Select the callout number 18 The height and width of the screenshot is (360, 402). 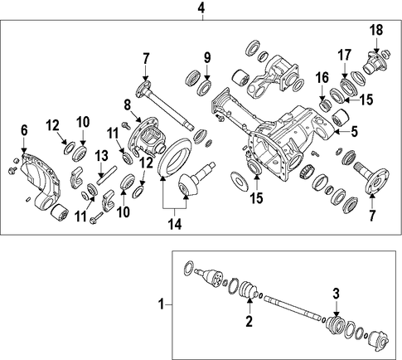pyautogui.click(x=376, y=30)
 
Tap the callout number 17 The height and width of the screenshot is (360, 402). pyautogui.click(x=344, y=55)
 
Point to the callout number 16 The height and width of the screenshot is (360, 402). pyautogui.click(x=322, y=78)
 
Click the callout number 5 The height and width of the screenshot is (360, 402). pyautogui.click(x=354, y=131)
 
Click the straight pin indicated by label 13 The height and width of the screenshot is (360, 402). pyautogui.click(x=107, y=174)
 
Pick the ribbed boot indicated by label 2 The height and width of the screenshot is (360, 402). pyautogui.click(x=249, y=289)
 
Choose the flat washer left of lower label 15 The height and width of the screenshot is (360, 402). pyautogui.click(x=239, y=181)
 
